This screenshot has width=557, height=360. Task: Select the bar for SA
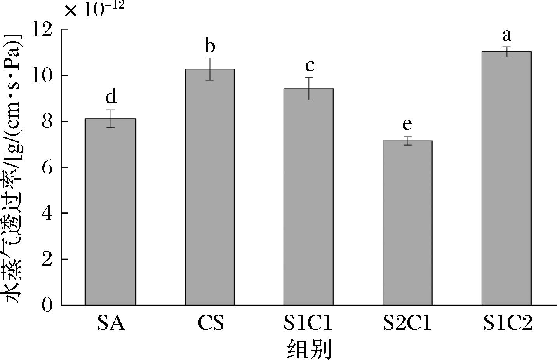pyautogui.click(x=111, y=212)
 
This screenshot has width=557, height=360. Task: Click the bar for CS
pyautogui.click(x=210, y=187)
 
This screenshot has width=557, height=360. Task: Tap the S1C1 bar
pyautogui.click(x=308, y=197)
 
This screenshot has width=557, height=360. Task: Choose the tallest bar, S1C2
pyautogui.click(x=507, y=178)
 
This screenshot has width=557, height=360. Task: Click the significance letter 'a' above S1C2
pyautogui.click(x=507, y=36)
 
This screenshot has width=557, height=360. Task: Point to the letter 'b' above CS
pyautogui.click(x=210, y=47)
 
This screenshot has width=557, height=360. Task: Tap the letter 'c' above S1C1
pyautogui.click(x=309, y=66)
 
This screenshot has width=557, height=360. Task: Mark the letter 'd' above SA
pyautogui.click(x=111, y=97)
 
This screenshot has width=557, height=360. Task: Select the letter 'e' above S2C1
pyautogui.click(x=407, y=125)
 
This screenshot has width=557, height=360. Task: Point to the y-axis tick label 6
pyautogui.click(x=47, y=167)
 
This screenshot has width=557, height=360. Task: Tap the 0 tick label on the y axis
pyautogui.click(x=47, y=305)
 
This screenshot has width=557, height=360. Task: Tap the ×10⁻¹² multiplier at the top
pyautogui.click(x=94, y=9)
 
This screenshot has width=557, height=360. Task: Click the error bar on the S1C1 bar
pyautogui.click(x=309, y=89)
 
